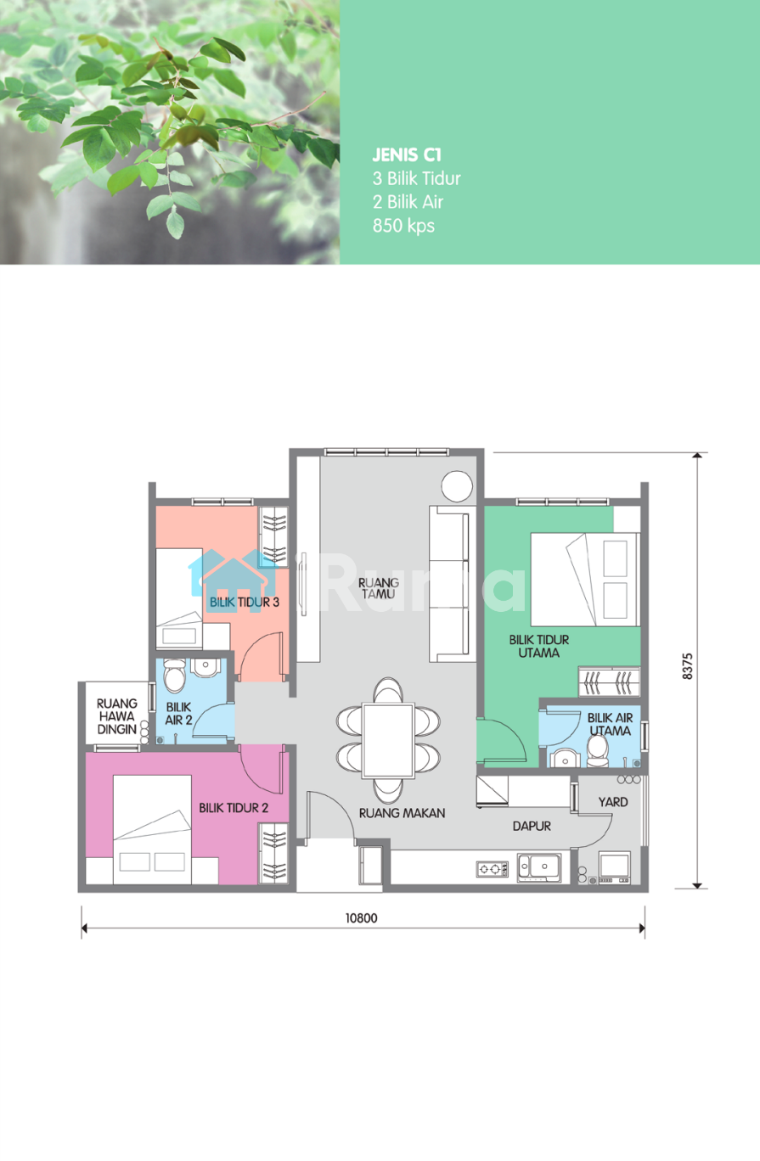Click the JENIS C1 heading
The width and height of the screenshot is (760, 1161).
pyautogui.click(x=407, y=155)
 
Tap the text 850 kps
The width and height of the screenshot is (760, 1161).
pyautogui.click(x=403, y=226)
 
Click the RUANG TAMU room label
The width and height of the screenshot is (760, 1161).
pyautogui.click(x=379, y=589)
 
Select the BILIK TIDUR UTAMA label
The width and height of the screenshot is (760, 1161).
pyautogui.click(x=539, y=647)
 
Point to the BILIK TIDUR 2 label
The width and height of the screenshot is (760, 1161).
pyautogui.click(x=234, y=808)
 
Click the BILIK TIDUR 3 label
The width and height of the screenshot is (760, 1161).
pyautogui.click(x=245, y=603)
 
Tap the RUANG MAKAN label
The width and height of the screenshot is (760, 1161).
pyautogui.click(x=402, y=813)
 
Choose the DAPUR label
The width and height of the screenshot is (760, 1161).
pyautogui.click(x=532, y=826)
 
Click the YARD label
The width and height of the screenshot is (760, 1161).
pyautogui.click(x=613, y=802)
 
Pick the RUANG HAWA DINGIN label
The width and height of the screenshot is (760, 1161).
pyautogui.click(x=116, y=716)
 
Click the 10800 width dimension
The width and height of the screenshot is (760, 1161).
pyautogui.click(x=362, y=918)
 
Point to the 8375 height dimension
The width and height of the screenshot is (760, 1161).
pyautogui.click(x=687, y=666)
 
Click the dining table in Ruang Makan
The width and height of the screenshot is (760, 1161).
pyautogui.click(x=388, y=741)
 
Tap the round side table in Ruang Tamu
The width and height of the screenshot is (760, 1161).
pyautogui.click(x=457, y=486)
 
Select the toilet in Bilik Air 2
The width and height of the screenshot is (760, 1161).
pyautogui.click(x=174, y=676)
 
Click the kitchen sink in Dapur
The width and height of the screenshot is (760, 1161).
pyautogui.click(x=539, y=868)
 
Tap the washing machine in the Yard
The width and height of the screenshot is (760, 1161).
pyautogui.click(x=615, y=867)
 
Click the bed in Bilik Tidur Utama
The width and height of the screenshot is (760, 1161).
pyautogui.click(x=585, y=580)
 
